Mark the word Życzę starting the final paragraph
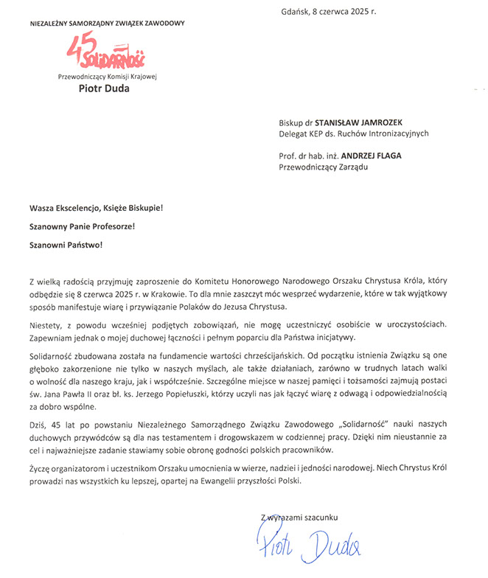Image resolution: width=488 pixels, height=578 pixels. [x=41, y=468]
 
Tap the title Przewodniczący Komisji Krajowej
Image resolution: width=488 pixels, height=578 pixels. [x=108, y=77]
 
